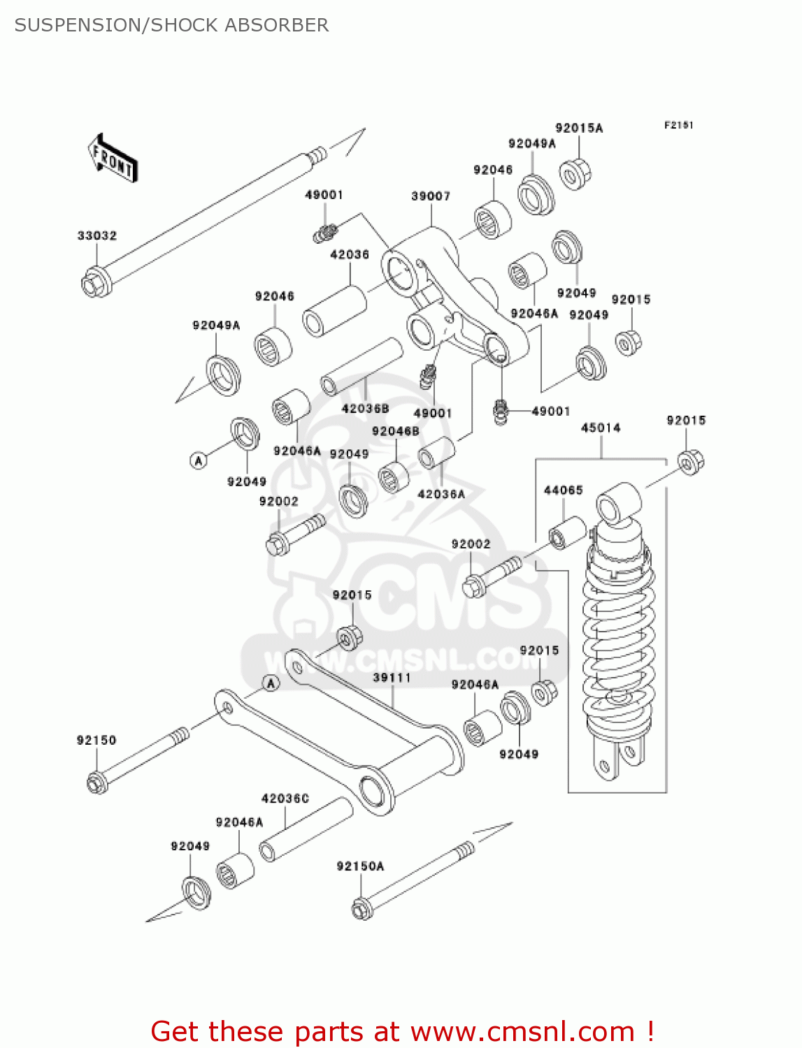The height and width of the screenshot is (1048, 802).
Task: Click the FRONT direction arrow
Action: coord(112,159)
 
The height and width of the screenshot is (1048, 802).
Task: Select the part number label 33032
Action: coord(96,236)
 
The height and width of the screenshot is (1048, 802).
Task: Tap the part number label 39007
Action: coord(431,197)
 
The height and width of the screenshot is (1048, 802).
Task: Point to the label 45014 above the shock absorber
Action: coord(601,428)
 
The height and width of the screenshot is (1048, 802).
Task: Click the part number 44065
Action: coord(563,490)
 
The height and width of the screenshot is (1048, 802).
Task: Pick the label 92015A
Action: coord(579,128)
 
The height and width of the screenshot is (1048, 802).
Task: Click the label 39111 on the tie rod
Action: coord(392,678)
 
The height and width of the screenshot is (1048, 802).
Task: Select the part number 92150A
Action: coord(360,866)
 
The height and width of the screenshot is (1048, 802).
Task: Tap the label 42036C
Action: coord(285,799)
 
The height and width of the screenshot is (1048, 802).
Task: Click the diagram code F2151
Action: coord(678,125)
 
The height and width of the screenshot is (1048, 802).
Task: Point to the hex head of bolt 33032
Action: coord(94,284)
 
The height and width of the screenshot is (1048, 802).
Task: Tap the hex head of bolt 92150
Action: coord(97,783)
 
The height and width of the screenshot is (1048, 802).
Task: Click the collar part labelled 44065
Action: coord(566,533)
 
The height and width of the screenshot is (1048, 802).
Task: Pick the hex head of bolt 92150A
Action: coord(361,909)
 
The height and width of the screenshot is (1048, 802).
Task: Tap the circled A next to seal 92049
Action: coord(199,460)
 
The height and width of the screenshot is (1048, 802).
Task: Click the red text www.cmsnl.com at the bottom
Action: coord(522,1032)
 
